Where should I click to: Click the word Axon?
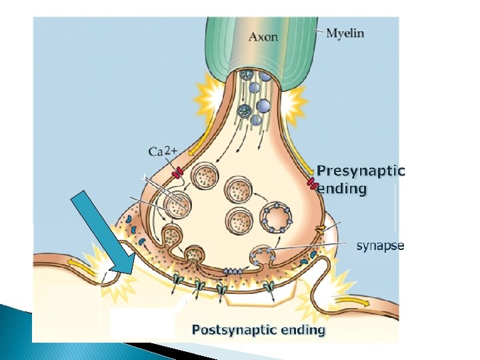[x=263, y=36]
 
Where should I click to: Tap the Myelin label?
[x=345, y=33]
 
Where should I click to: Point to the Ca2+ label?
[x=162, y=151]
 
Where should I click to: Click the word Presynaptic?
[x=361, y=170]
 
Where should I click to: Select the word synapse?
[x=380, y=246]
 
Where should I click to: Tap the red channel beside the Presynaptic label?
[x=311, y=183]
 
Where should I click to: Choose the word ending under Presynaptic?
[x=342, y=189]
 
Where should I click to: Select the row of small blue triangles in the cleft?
[x=232, y=271]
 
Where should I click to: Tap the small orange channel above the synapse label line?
[x=320, y=229]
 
